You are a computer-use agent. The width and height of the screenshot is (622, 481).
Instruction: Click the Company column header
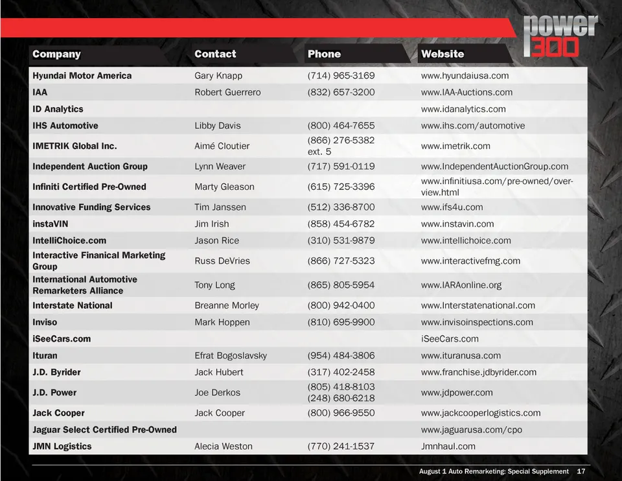click(57, 54)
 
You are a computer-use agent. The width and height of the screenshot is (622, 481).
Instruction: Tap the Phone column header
click(324, 54)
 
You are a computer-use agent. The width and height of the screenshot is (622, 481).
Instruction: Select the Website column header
click(443, 54)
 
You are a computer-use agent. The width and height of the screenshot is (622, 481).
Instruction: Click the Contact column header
click(215, 54)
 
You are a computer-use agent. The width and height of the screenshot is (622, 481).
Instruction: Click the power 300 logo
click(560, 37)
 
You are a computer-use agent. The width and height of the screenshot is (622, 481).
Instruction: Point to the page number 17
click(581, 471)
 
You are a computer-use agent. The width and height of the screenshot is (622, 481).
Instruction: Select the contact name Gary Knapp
click(218, 75)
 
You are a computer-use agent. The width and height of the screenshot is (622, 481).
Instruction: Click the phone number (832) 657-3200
click(341, 92)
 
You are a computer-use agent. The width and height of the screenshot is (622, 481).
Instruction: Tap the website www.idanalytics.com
click(463, 109)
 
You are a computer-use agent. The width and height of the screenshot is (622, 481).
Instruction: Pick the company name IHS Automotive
click(65, 125)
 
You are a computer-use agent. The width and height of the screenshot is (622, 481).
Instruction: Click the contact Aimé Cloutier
click(222, 146)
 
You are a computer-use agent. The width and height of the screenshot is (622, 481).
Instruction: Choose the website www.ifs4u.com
click(452, 207)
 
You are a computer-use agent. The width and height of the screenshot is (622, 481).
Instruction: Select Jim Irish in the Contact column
click(211, 224)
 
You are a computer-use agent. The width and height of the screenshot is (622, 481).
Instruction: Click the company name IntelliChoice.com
click(69, 240)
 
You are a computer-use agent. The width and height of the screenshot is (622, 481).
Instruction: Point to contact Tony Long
click(215, 285)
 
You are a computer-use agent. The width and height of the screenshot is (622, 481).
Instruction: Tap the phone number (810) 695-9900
click(341, 322)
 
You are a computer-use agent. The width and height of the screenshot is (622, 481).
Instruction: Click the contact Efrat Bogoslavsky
click(231, 355)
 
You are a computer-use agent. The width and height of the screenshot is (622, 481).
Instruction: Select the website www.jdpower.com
click(457, 392)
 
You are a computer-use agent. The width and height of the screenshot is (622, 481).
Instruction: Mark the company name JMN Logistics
click(62, 446)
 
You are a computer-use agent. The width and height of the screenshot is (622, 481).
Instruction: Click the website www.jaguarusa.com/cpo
click(471, 430)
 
